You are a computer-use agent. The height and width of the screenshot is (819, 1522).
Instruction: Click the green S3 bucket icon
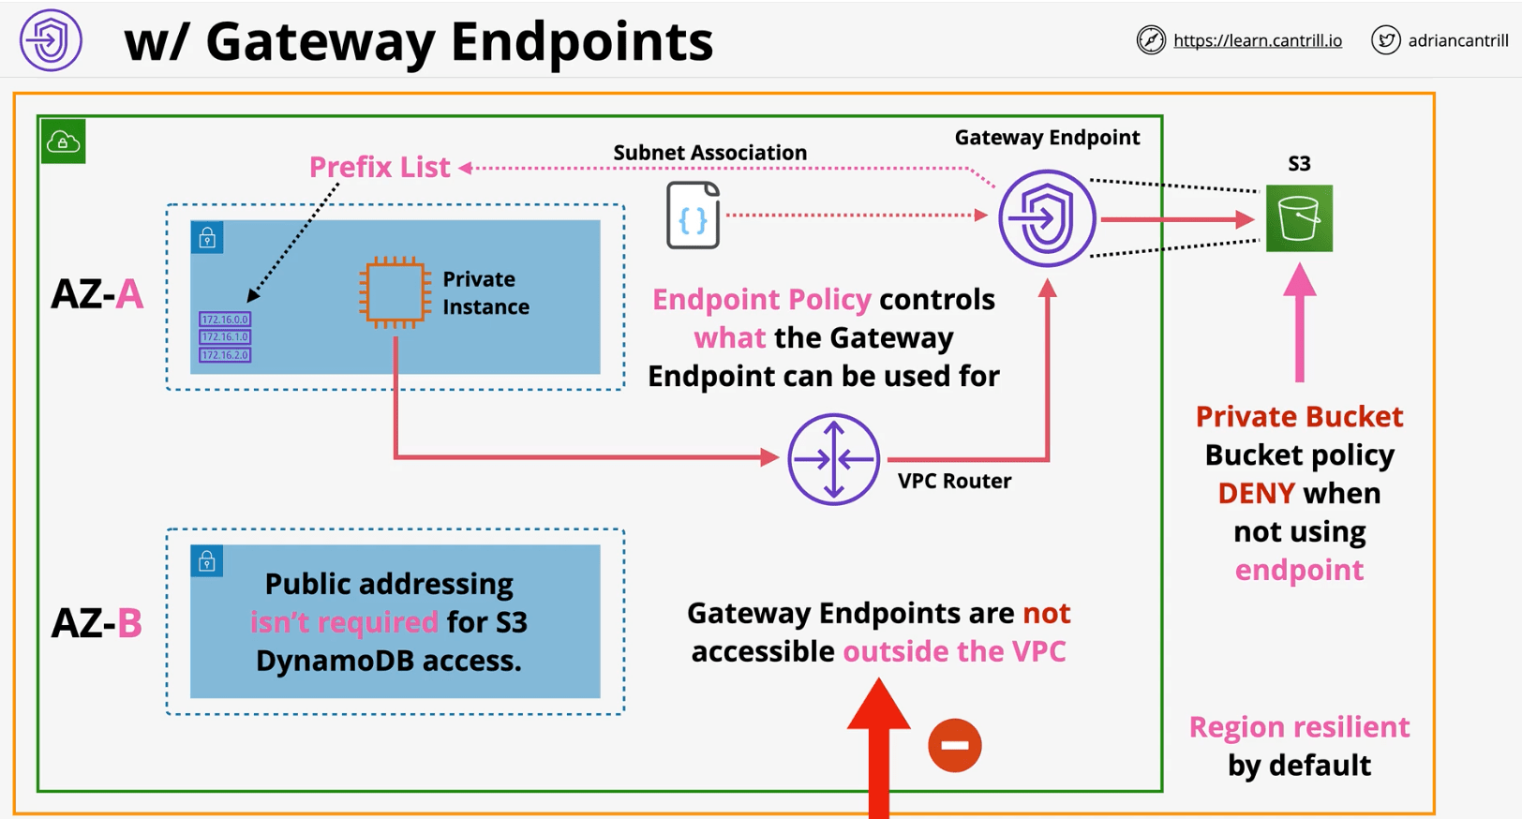point(1299,218)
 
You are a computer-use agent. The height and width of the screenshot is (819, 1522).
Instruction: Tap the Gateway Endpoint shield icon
point(1047,218)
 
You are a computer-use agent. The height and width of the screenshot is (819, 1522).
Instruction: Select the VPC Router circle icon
point(833,459)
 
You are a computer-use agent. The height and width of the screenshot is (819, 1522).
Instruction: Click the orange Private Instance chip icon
point(394,292)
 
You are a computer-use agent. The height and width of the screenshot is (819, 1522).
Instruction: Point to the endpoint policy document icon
point(693,216)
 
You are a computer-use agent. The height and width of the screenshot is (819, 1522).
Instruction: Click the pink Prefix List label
point(380,167)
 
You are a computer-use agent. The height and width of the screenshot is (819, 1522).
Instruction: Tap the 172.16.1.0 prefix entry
point(225,337)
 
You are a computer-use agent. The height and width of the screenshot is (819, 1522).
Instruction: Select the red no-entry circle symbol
point(954,746)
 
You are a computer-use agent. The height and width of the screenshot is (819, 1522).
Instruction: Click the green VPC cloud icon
point(63,141)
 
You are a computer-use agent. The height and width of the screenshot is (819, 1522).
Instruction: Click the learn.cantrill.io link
point(1257,40)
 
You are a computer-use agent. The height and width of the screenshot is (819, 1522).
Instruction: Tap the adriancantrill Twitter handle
point(1457,40)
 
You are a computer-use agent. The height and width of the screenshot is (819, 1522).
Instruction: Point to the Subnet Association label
point(709,152)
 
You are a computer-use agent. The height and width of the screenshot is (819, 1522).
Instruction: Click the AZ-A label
point(97,294)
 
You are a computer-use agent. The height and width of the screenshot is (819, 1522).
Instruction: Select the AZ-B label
point(97,622)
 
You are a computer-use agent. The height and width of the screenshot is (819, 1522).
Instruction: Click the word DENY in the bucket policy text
point(1256,493)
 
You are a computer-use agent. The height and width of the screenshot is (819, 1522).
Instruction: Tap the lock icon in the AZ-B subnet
point(207,561)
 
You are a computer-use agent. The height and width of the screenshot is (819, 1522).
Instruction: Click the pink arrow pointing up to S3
point(1299,323)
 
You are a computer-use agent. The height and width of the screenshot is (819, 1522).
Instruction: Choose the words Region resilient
point(1299,726)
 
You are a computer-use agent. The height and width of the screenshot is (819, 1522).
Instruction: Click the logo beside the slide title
point(51,40)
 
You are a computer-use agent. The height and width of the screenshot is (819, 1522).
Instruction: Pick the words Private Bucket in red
point(1299,416)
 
